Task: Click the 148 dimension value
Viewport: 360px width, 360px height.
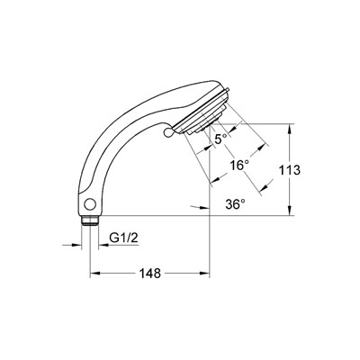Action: tap(150, 274)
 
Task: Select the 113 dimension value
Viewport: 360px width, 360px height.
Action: tap(290, 170)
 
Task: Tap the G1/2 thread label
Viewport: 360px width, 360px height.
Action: tap(123, 238)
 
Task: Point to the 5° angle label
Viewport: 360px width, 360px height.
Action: tap(221, 139)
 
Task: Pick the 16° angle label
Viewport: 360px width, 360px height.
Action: tap(239, 166)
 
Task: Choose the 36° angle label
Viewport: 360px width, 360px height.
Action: tap(236, 204)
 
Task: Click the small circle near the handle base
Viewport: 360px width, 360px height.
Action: tap(90, 204)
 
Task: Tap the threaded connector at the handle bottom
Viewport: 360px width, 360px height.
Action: tap(90, 220)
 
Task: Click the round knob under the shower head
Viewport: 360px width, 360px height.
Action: tap(168, 131)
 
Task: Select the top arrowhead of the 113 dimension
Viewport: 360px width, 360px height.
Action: tap(289, 128)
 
